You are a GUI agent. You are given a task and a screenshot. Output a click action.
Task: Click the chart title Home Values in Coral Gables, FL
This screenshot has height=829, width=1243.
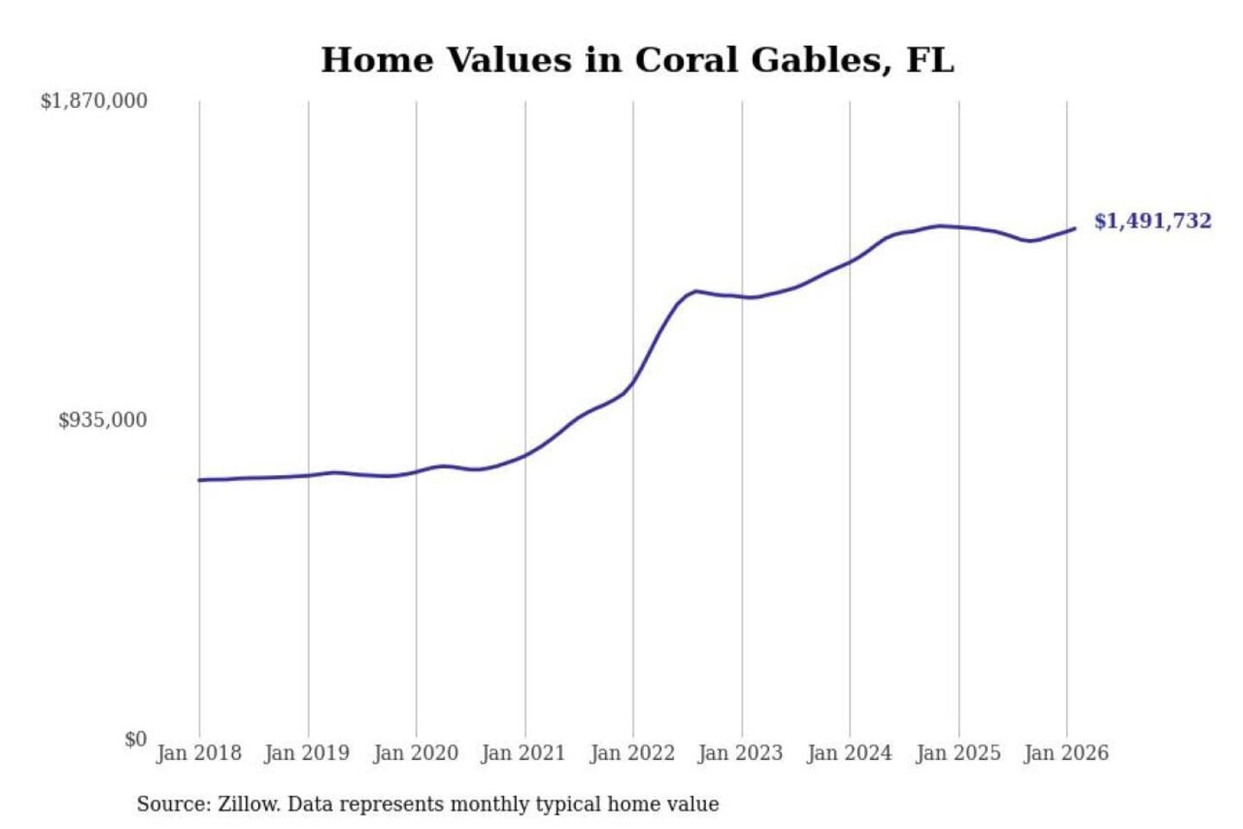pos(637,60)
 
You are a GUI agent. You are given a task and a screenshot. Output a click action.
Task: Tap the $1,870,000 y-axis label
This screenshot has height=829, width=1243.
pos(94,101)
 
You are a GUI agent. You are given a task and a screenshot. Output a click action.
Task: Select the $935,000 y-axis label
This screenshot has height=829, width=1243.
pos(103,421)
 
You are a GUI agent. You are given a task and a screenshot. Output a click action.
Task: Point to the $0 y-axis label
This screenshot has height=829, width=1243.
pos(136,739)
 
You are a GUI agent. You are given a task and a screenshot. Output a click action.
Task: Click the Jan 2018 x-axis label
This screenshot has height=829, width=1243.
pos(199,753)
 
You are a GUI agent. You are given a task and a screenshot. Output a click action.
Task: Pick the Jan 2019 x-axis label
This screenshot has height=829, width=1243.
pos(306,753)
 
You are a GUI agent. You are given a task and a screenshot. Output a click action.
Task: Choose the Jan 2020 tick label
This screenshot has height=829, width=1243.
pos(415,753)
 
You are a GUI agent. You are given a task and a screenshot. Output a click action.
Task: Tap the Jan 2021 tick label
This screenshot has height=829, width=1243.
pos(523,753)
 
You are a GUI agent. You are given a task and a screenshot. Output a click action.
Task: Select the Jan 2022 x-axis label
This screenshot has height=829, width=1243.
pos(632,753)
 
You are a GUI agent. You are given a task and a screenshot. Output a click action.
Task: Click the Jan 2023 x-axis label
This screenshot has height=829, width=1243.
pos(740,753)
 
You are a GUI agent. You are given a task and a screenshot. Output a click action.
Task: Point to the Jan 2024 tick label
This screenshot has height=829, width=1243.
pos(849,753)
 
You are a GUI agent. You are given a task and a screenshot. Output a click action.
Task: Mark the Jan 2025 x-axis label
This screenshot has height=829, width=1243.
pos(957,753)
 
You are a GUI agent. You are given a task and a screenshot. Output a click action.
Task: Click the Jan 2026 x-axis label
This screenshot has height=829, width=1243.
pos(1065,753)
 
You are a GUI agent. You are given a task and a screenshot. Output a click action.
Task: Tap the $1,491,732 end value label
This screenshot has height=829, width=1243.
pos(1152,221)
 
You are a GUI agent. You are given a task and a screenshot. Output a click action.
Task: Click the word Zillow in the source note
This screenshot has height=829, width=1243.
pos(248,805)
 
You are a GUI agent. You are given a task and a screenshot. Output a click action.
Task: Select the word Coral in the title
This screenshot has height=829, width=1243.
pos(686,60)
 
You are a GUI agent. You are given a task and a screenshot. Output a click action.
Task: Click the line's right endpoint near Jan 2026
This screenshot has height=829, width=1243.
pos(1075,229)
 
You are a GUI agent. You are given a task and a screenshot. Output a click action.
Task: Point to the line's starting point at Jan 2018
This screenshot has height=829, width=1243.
pos(199,480)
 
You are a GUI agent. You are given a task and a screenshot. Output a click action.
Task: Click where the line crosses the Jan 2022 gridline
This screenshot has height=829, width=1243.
pos(633,383)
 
